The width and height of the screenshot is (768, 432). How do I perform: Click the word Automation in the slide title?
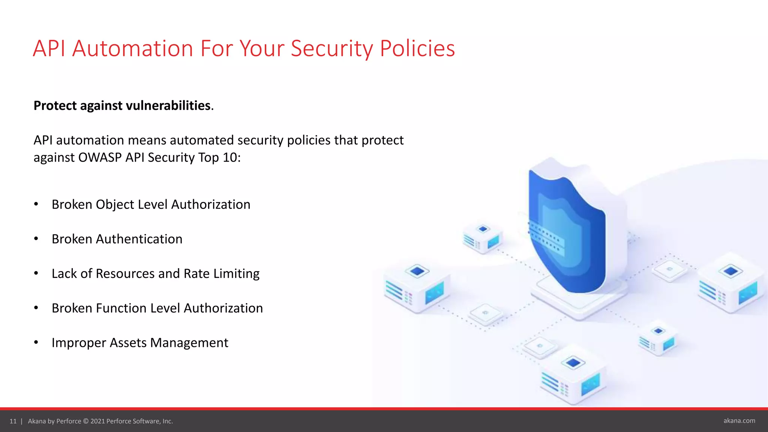click(x=132, y=49)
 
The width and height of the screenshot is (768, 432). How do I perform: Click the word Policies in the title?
click(x=417, y=49)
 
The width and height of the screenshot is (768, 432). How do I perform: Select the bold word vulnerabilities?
click(x=168, y=106)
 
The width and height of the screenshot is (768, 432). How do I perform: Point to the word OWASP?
click(x=100, y=157)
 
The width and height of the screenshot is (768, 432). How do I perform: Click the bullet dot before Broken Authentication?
click(x=36, y=239)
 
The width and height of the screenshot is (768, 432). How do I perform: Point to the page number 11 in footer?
click(x=13, y=421)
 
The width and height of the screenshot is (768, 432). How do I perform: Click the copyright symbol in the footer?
click(x=86, y=421)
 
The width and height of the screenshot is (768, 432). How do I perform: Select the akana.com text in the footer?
click(x=739, y=421)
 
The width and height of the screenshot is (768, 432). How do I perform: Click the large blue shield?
click(x=566, y=232)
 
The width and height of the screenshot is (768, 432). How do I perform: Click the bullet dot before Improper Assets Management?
click(x=36, y=342)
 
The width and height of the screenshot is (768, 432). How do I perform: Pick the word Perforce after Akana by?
click(x=69, y=421)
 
